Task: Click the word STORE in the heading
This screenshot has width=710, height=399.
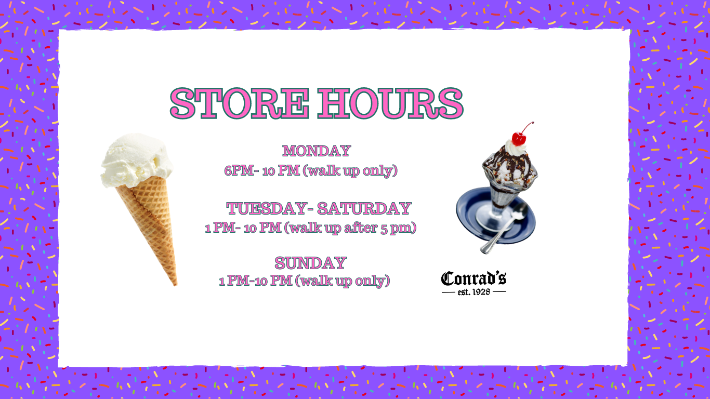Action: [x=240, y=103]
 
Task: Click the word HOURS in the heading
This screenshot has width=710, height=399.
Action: [x=390, y=103]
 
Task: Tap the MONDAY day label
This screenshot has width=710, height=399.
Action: [x=317, y=151]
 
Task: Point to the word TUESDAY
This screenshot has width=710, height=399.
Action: [x=267, y=208]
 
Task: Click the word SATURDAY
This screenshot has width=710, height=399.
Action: [x=364, y=208]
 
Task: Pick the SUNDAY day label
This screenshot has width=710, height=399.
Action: [x=310, y=263]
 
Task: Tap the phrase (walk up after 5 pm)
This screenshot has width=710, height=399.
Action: [x=350, y=228]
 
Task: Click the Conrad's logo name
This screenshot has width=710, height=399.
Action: [x=474, y=278]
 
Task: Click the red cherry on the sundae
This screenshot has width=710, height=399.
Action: [x=519, y=138]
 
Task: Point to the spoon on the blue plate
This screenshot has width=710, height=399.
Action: [x=504, y=228]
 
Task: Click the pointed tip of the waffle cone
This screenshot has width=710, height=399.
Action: [x=175, y=285]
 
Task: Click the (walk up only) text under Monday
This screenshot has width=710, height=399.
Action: [x=350, y=170]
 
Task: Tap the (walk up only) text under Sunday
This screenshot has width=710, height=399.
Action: [x=343, y=281]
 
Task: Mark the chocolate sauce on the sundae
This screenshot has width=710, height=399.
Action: [x=511, y=165]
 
